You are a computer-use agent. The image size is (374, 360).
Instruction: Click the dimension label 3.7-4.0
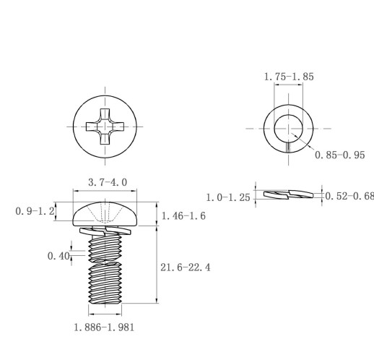click(x=108, y=182)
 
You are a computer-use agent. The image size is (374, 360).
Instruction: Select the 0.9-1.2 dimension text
click(x=35, y=211)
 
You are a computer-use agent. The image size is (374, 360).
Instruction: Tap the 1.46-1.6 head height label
click(x=183, y=216)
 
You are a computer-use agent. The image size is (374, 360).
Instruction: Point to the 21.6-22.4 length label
click(x=186, y=267)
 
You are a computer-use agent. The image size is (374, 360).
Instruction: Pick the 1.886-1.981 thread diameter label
click(x=104, y=327)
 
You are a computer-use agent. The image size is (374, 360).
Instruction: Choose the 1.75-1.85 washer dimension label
click(x=289, y=77)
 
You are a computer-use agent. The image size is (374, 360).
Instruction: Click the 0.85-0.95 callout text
click(x=340, y=155)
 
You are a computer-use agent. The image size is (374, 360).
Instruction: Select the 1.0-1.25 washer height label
click(x=228, y=197)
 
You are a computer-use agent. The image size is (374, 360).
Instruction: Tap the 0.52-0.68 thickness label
click(x=349, y=196)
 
